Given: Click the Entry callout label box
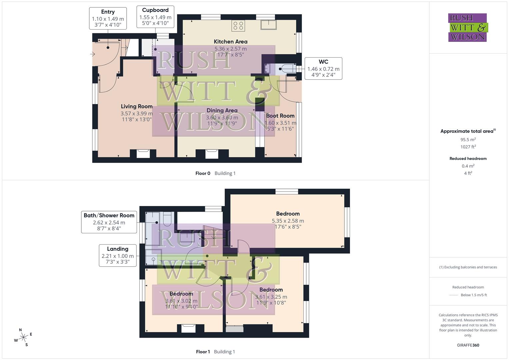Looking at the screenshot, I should [x=108, y=18].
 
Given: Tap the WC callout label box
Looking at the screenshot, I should [x=323, y=68].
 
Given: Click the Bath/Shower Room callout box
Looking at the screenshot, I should [x=109, y=222].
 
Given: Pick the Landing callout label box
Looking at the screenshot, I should [x=118, y=255].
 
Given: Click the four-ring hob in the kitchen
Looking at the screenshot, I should [x=238, y=26].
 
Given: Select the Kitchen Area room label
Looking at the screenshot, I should [x=230, y=42].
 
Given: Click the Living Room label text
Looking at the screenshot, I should [x=137, y=106].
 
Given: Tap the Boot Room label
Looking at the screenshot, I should [x=280, y=116].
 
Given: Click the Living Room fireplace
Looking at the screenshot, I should [x=143, y=153].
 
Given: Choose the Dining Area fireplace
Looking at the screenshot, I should [x=212, y=154].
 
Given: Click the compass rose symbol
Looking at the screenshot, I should [x=23, y=338].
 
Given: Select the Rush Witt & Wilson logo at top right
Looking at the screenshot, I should [x=468, y=28].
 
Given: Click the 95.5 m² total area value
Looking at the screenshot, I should [x=468, y=140].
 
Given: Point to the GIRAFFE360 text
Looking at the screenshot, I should [x=468, y=345].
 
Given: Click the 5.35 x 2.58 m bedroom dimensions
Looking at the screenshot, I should [x=288, y=221].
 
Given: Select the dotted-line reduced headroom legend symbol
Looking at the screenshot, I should [x=454, y=295].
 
